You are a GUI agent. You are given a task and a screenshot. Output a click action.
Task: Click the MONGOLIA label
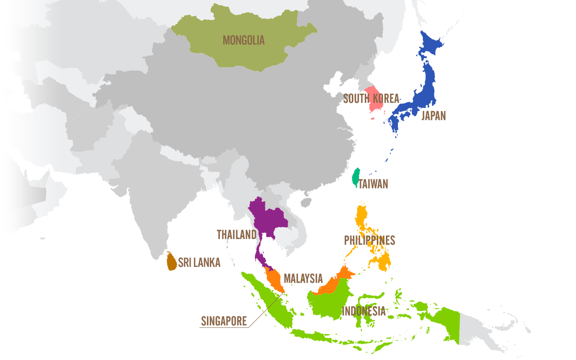pyautogui.click(x=243, y=40)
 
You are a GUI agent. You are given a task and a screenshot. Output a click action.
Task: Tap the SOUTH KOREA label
pyautogui.click(x=371, y=99)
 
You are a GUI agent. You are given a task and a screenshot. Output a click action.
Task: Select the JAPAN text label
pyautogui.click(x=433, y=116)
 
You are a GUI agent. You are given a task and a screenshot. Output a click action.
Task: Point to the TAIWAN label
pyautogui.click(x=373, y=184)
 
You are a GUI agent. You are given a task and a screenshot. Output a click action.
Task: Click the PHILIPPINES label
pyautogui.click(x=370, y=240)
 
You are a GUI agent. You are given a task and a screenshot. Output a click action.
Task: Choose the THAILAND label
pyautogui.click(x=237, y=235)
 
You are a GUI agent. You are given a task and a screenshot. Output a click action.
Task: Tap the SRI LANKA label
pyautogui.click(x=199, y=263)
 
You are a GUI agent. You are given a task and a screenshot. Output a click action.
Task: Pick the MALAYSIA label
pyautogui.click(x=303, y=278)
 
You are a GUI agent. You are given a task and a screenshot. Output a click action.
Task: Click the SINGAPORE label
pyautogui.click(x=224, y=321)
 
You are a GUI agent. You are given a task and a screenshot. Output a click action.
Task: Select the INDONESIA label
pyautogui.click(x=363, y=311)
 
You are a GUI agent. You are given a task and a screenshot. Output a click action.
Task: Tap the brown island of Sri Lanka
pyautogui.click(x=171, y=261)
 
